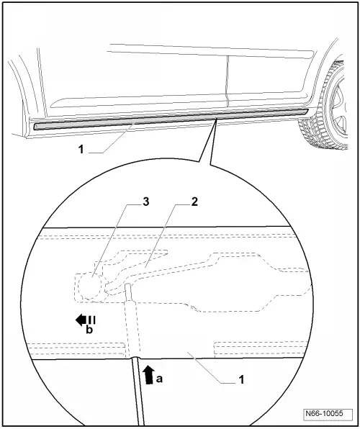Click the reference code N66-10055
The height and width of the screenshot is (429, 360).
coord(324,413)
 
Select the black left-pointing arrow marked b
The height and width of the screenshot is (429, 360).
coord(85,320)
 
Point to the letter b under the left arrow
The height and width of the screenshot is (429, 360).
coord(89,330)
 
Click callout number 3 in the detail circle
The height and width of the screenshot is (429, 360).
coord(145,202)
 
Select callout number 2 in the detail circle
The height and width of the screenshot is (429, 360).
coord(194,202)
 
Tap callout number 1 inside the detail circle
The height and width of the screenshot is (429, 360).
coord(241,379)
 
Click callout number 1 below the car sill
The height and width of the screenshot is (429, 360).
coord(81,150)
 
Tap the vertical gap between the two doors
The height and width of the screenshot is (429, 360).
coord(228,81)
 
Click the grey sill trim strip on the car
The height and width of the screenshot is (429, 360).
coord(171,119)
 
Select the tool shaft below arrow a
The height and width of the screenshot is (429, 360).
coord(138,392)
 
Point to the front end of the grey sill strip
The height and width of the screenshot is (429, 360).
coord(307,111)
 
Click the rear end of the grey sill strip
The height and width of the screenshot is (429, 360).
coord(35,127)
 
